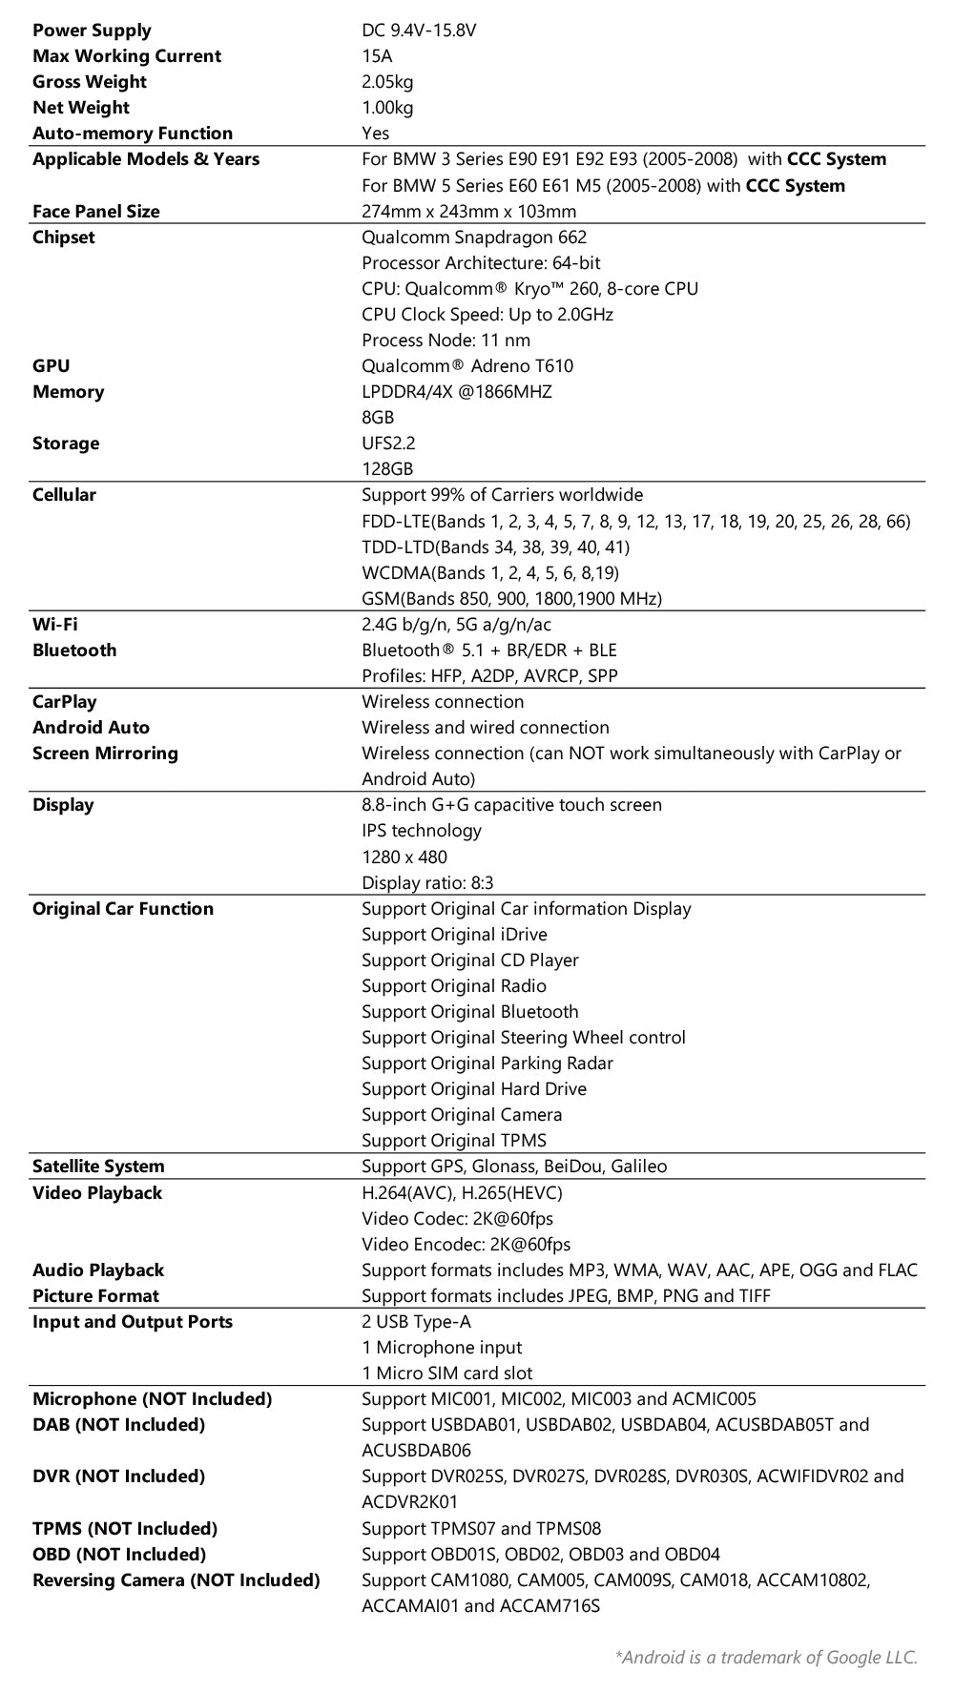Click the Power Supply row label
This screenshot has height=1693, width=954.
(92, 31)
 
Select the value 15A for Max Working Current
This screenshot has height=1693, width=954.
(377, 56)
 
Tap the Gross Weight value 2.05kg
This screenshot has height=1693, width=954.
(387, 82)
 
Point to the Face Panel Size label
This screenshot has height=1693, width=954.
(96, 212)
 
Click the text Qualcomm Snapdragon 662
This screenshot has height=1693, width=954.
(474, 237)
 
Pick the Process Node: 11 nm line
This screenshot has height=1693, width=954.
(446, 341)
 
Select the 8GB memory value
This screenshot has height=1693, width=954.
(378, 418)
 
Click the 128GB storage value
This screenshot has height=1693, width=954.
(387, 469)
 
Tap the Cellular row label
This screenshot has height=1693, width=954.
(64, 495)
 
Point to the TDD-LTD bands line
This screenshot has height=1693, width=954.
(495, 547)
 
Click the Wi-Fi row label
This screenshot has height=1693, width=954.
(55, 625)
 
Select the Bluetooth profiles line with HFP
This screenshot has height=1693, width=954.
(489, 676)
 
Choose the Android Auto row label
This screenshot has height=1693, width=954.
(91, 728)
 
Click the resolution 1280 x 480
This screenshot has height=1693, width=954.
(404, 857)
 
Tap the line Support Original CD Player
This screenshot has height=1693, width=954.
(470, 960)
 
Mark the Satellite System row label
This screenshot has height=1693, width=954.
(98, 1167)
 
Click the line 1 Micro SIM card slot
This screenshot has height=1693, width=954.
(446, 1373)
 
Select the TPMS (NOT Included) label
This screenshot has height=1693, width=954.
(125, 1528)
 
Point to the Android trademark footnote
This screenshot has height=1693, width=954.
(766, 1657)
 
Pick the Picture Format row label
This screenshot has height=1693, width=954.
(95, 1296)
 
